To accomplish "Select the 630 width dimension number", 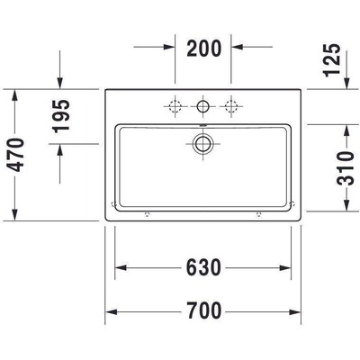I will click(x=203, y=268).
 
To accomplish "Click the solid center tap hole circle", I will click(x=203, y=104).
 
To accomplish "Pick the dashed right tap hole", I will click(x=232, y=104).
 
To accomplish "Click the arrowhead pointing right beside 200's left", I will click(x=169, y=44).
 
